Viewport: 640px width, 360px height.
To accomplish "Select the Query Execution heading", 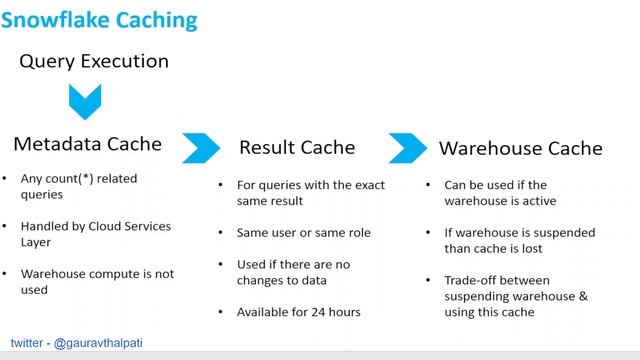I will pyautogui.click(x=94, y=62).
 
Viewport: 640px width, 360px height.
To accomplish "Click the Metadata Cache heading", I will pyautogui.click(x=87, y=144).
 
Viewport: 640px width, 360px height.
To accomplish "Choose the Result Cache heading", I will pyautogui.click(x=297, y=148).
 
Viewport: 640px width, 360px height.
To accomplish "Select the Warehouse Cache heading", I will pyautogui.click(x=520, y=148).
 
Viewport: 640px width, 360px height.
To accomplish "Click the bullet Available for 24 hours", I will pyautogui.click(x=297, y=311).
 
